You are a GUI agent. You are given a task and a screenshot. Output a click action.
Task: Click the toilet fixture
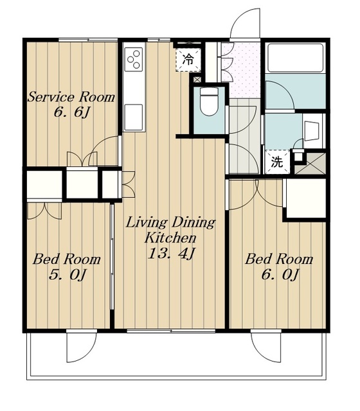[209, 101]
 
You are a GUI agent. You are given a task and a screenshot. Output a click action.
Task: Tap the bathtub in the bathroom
[295, 58]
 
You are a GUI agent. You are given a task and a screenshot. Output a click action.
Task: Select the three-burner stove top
[134, 59]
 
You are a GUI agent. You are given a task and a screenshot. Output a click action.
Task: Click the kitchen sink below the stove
[134, 117]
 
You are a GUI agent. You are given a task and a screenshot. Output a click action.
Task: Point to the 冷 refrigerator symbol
[188, 60]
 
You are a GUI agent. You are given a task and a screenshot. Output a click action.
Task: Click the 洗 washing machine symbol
[277, 162]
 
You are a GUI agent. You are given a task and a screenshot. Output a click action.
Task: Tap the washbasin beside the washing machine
[312, 131]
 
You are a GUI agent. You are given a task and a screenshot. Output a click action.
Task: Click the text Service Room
[71, 97]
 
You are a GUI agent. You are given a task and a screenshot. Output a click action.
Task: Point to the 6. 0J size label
[280, 274]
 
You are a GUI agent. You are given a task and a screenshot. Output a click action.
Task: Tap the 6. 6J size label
[72, 112]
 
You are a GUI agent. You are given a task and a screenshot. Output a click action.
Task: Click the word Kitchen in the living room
[170, 238]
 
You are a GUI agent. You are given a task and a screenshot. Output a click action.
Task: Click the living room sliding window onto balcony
[171, 331]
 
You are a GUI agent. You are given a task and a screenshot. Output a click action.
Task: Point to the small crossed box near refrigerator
[197, 79]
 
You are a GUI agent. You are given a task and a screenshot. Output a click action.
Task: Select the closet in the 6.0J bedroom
[306, 198]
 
